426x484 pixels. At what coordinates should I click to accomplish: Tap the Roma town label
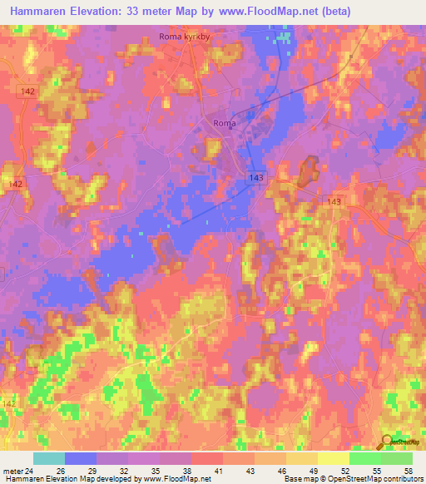point(225,123)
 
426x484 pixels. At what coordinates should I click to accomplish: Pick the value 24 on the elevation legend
point(31,470)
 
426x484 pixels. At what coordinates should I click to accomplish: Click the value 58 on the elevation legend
point(408,470)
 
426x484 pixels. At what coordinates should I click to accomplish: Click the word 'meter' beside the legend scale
point(12,470)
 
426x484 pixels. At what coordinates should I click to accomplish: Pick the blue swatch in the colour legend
point(81,458)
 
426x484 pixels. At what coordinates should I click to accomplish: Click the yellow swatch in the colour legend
point(334,458)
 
